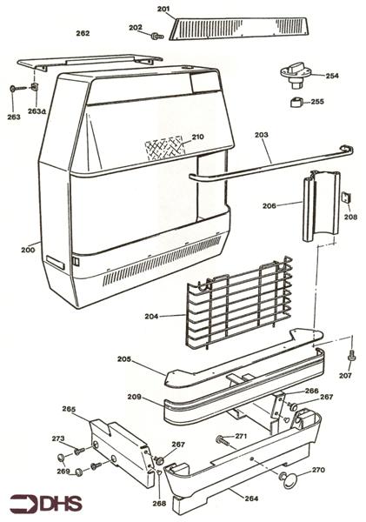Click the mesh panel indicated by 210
pos(163,145)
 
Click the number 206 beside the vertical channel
pos(270,206)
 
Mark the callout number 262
pos(83,33)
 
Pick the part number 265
pos(70,409)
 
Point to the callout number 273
pos(58,438)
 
